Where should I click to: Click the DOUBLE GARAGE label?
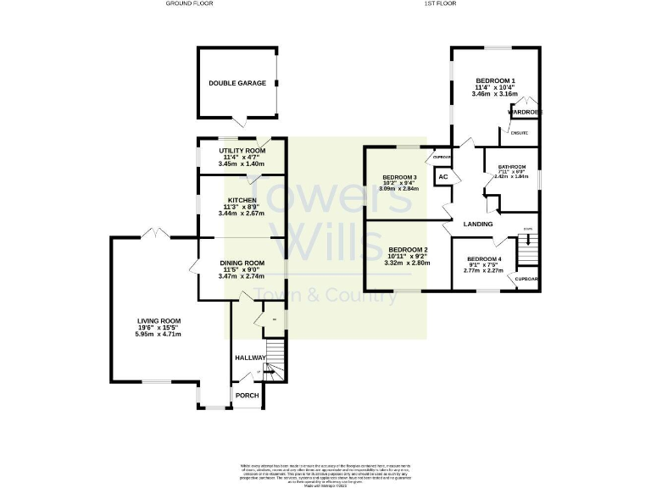pyautogui.click(x=237, y=83)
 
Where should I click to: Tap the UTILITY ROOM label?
pyautogui.click(x=242, y=150)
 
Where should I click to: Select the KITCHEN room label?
pyautogui.click(x=242, y=200)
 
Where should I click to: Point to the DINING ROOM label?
pyautogui.click(x=242, y=263)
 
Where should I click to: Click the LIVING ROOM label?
pyautogui.click(x=159, y=321)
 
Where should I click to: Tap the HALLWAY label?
pyautogui.click(x=250, y=358)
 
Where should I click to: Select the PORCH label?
pyautogui.click(x=247, y=396)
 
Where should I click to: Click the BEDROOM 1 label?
pyautogui.click(x=496, y=80)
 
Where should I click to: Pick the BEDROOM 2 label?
pyautogui.click(x=408, y=250)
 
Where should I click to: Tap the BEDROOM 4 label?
pyautogui.click(x=484, y=258)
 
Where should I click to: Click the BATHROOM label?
pyautogui.click(x=511, y=167)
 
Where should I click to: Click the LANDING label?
pyautogui.click(x=478, y=224)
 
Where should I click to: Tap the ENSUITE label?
pyautogui.click(x=518, y=133)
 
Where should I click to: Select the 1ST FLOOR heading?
pyautogui.click(x=440, y=4)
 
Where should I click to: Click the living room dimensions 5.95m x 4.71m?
pyautogui.click(x=159, y=335)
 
